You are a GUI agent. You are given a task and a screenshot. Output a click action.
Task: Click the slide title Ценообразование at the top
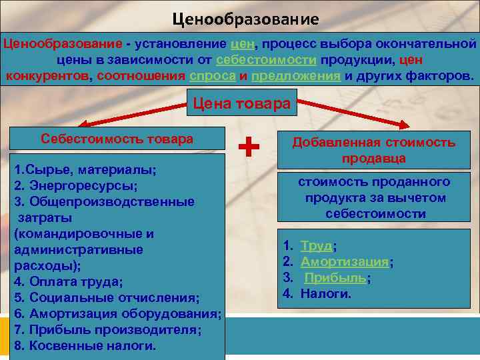coord(245,19)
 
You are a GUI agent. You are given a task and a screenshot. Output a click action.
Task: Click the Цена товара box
coord(241,104)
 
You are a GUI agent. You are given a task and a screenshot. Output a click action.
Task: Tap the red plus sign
coord(249,146)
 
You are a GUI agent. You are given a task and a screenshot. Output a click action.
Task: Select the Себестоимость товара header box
coord(117,139)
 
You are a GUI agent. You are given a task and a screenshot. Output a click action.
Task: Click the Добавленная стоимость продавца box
coord(373,150)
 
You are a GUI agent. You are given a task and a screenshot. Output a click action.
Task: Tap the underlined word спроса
coord(212,75)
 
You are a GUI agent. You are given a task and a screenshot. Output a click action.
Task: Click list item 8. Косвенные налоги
coord(85,345)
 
